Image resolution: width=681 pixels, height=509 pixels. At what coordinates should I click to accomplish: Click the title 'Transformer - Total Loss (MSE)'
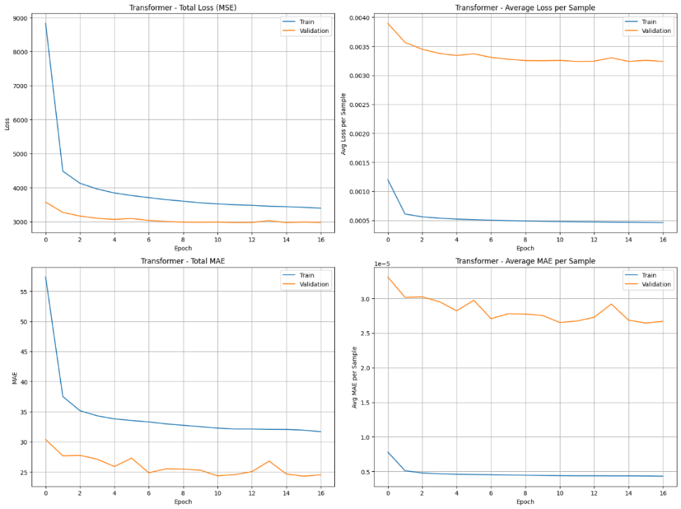(183, 8)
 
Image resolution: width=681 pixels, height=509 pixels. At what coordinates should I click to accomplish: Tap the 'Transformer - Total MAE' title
(183, 261)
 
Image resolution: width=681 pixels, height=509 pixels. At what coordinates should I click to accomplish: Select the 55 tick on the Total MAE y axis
(22, 292)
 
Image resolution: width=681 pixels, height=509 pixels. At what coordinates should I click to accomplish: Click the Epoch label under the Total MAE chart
(183, 502)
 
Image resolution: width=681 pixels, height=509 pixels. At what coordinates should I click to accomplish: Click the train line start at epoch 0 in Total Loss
(46, 23)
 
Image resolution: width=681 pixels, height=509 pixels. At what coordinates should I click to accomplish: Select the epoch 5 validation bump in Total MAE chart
(131, 458)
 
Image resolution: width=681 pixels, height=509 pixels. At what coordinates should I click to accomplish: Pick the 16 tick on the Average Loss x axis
(663, 239)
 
